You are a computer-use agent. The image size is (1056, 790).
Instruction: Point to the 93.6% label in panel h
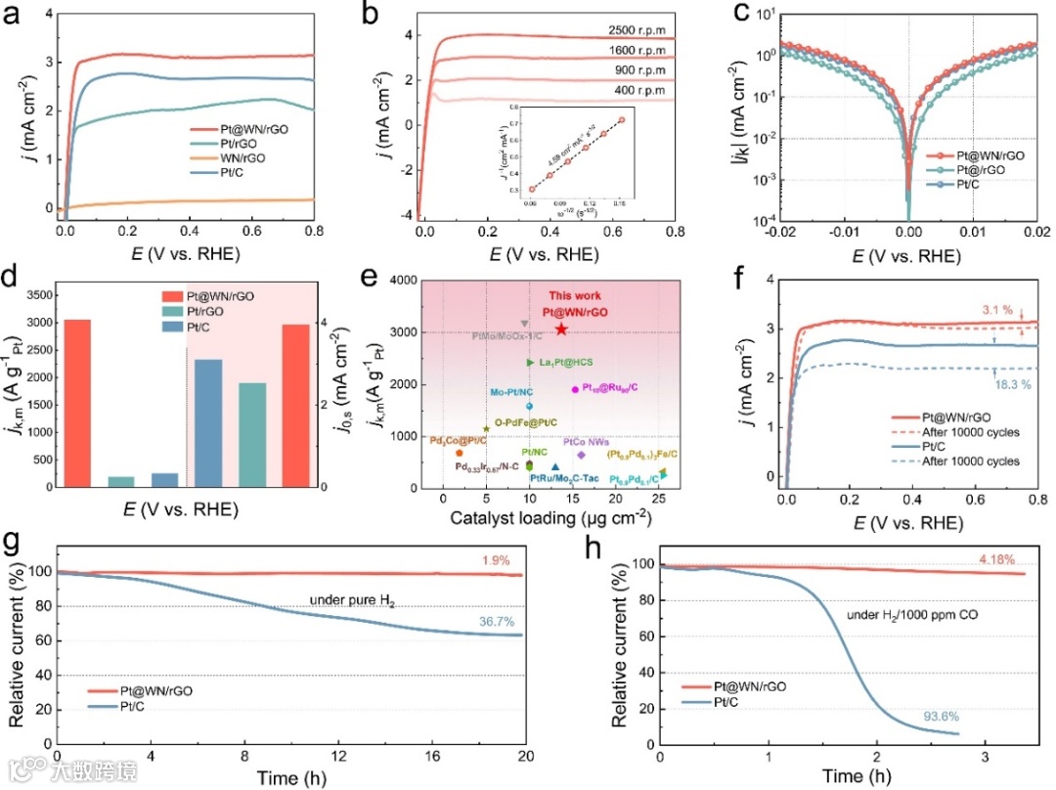(x=943, y=691)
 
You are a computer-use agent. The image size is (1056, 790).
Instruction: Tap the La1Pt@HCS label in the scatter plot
(x=566, y=363)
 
